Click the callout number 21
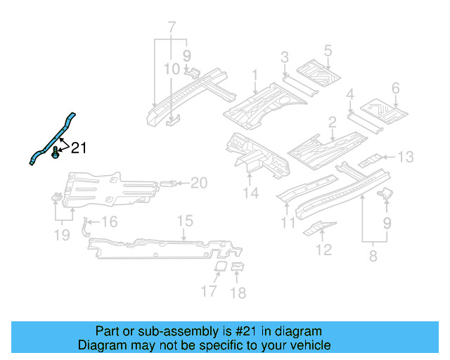[78, 148]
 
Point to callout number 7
[169, 28]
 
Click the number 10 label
[172, 69]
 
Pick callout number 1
[255, 75]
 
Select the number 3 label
[284, 57]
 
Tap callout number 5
[327, 50]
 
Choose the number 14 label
[251, 193]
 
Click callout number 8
[373, 257]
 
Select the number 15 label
[184, 221]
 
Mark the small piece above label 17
[219, 266]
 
